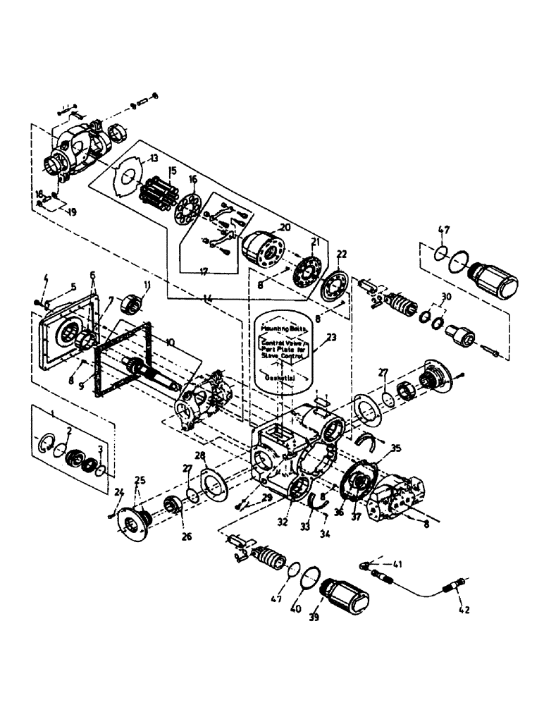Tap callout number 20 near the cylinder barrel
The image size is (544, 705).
click(284, 228)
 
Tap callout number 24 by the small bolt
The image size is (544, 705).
click(118, 491)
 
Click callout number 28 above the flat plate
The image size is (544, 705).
click(202, 455)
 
